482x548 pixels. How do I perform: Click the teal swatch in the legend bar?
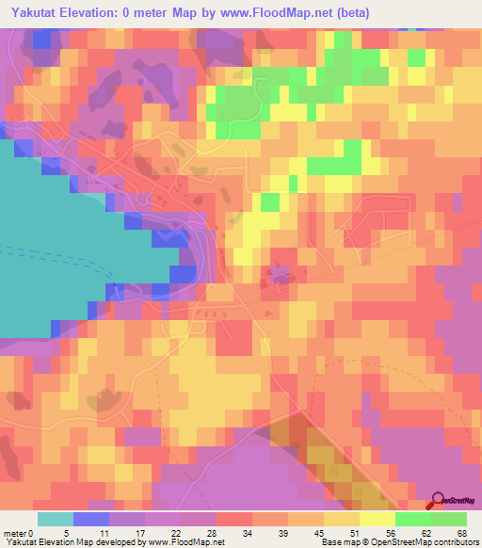56,520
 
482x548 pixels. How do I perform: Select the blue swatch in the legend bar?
91,520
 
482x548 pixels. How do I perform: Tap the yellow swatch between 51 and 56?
378,520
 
